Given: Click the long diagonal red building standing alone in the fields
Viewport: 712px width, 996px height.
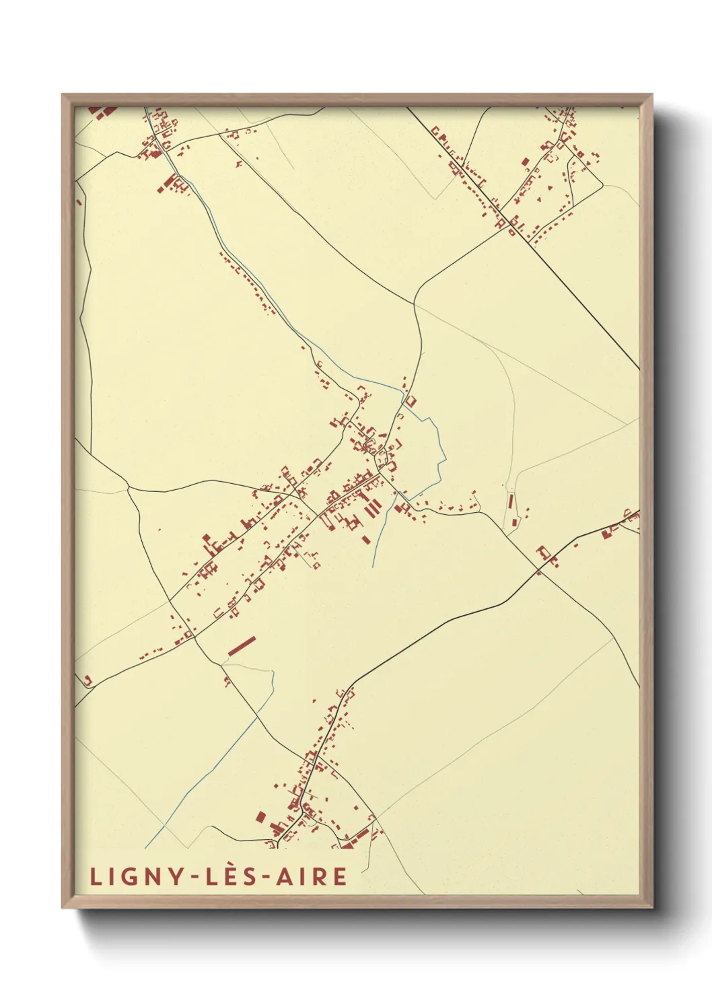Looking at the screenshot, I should coord(242,645).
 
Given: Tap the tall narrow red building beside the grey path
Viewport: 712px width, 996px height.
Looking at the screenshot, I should coord(511,501).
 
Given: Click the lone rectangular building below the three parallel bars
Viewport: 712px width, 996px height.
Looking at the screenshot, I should coord(366,539).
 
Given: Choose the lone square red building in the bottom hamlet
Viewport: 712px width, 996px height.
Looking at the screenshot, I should coord(260,817).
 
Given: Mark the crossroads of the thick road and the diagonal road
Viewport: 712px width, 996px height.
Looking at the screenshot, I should coord(538,571).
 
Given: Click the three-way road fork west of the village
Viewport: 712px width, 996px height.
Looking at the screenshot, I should coord(128,487).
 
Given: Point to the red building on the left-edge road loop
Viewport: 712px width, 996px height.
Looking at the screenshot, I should coord(87,680).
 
